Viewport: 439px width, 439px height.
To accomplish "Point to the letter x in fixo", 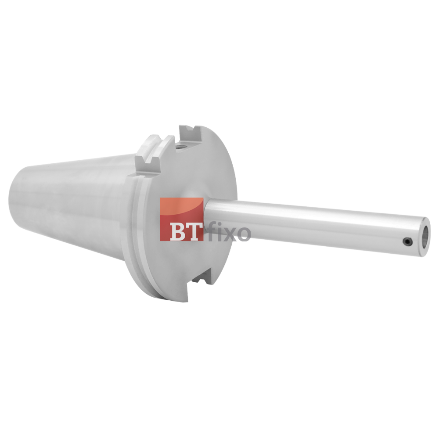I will (230, 233).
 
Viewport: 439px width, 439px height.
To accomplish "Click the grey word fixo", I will (229, 232).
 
